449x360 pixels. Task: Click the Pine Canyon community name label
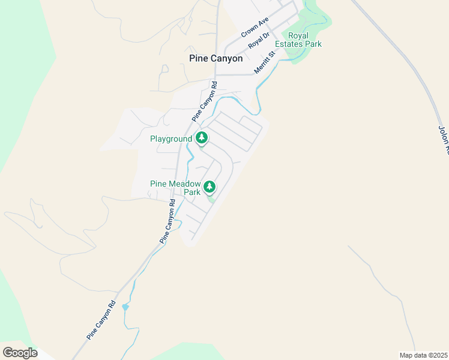coord(215,59)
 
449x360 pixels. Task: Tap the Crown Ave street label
coord(254,28)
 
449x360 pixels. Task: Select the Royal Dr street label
coord(259,41)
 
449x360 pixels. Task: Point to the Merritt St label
coord(264,62)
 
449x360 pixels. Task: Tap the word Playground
coord(170,139)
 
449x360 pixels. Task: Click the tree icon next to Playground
coord(202,139)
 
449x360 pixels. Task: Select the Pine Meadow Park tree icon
coord(209,187)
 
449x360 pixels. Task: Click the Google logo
coord(20,352)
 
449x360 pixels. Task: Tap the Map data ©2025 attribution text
coord(424,355)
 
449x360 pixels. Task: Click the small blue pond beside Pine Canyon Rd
coord(125,307)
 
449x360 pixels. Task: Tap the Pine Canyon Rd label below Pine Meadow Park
coord(167,221)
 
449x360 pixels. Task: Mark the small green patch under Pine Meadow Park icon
coord(211,199)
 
